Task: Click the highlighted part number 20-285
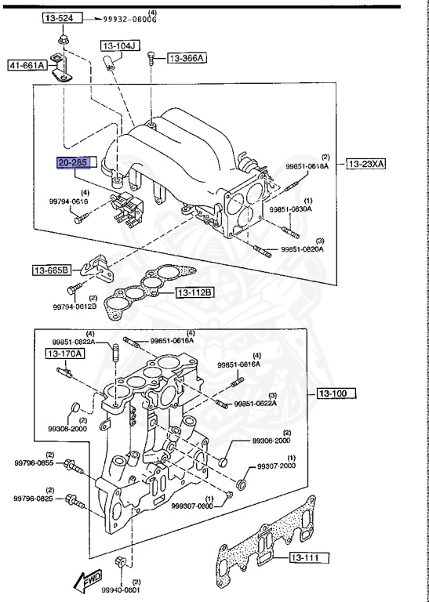click(x=73, y=162)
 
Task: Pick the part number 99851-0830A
click(x=291, y=209)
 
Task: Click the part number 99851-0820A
click(x=302, y=249)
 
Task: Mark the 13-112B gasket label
click(x=195, y=293)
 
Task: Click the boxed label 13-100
click(x=336, y=393)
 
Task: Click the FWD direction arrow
click(x=80, y=579)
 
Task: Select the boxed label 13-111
click(x=308, y=558)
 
